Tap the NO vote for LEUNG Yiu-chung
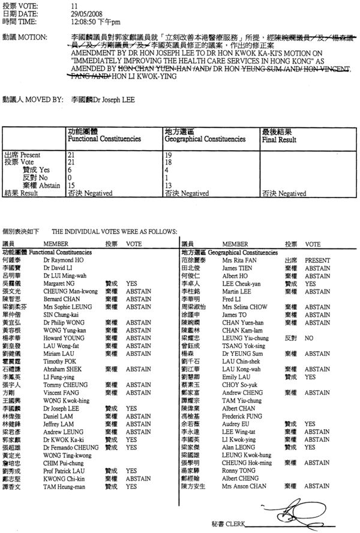point(310,338)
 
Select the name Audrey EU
point(235,423)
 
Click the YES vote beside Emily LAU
point(311,377)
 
